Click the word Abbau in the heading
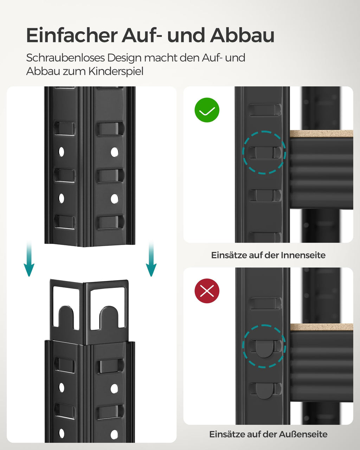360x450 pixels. (242, 36)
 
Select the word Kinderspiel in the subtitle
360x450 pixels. (116, 71)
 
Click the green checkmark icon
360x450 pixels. (207, 110)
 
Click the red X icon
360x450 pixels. (207, 291)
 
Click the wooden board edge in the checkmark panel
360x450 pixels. (321, 134)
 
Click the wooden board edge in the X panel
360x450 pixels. (321, 327)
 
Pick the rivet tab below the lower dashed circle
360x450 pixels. (264, 391)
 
